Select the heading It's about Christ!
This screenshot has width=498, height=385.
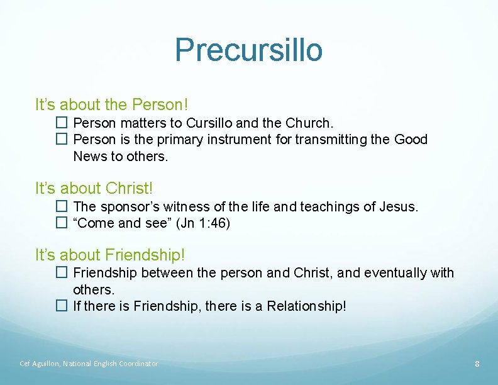tap(94, 188)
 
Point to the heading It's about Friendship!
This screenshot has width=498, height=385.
tap(110, 255)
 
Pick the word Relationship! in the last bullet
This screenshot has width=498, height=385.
tap(306, 307)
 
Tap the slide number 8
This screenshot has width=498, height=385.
tap(477, 364)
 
